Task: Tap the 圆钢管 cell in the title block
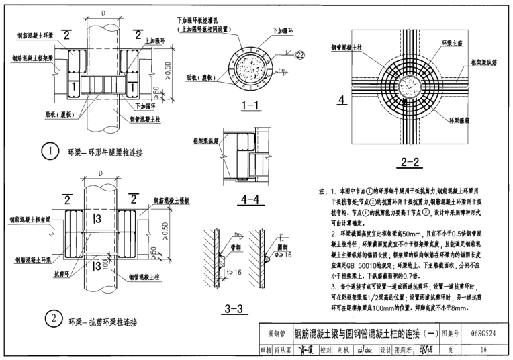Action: pos(277,334)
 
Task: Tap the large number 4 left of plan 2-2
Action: pos(342,101)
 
